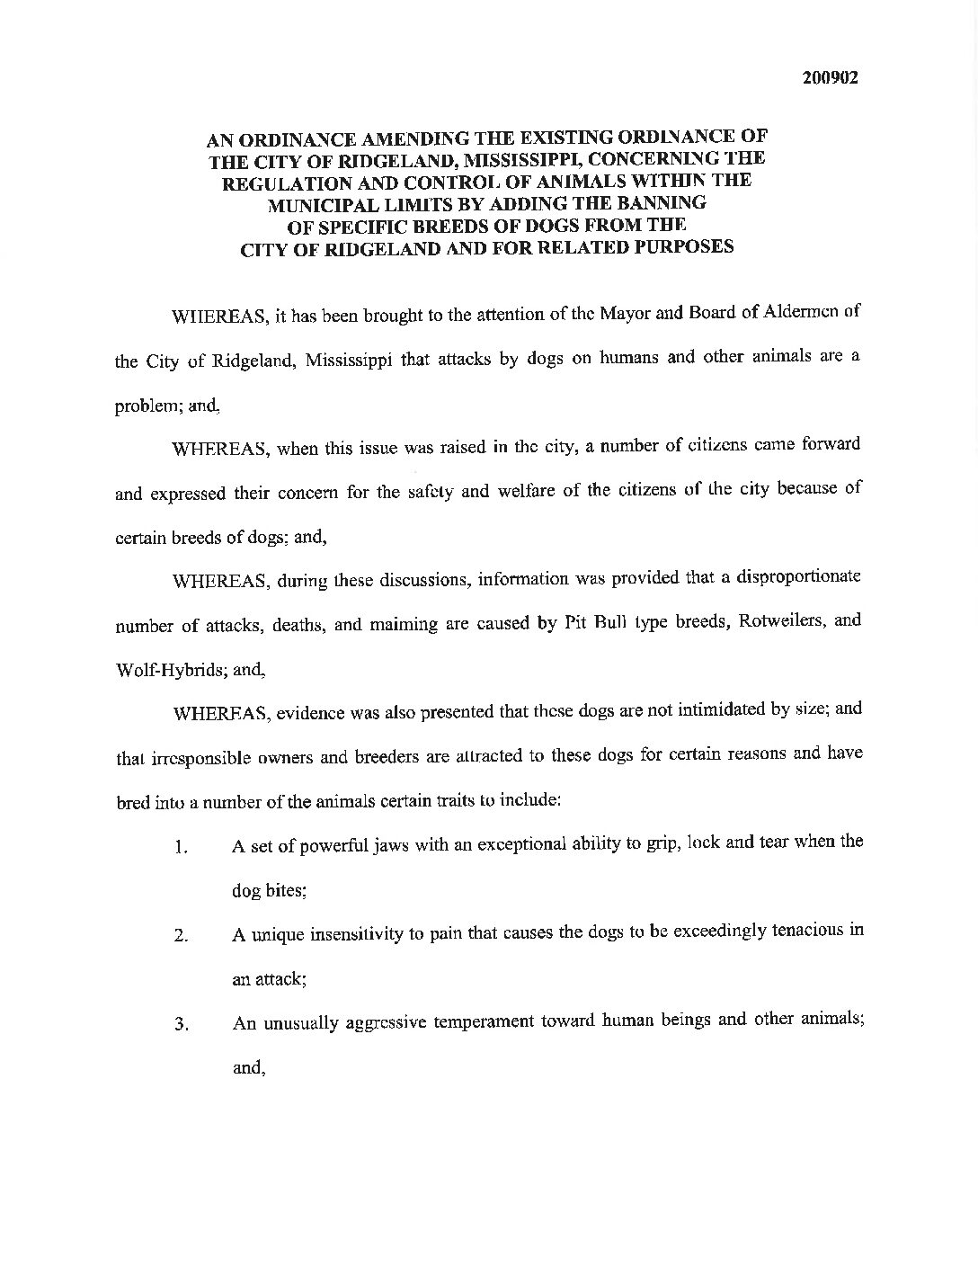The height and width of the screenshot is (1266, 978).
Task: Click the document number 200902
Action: point(830,77)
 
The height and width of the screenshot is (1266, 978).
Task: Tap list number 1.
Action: point(181,848)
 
